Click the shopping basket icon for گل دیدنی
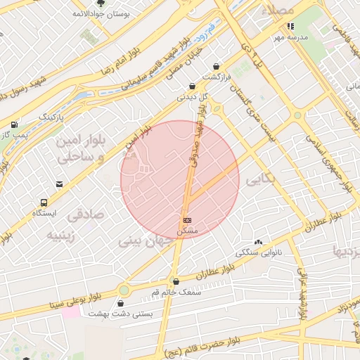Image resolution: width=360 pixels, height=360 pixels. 192,86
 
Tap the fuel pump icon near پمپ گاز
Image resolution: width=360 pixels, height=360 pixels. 14,124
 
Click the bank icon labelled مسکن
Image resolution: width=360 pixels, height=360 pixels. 187,220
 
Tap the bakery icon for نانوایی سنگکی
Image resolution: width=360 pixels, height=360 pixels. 258,241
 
